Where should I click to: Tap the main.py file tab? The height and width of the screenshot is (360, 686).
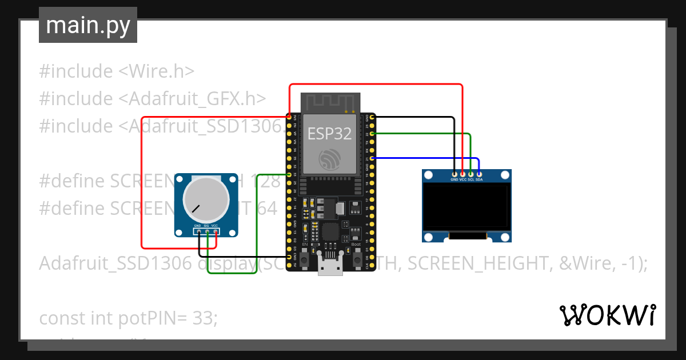click(88, 25)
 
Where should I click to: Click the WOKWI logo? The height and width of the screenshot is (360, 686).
click(607, 315)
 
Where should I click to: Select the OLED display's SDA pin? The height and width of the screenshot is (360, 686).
click(479, 174)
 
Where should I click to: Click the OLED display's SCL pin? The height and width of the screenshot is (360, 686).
click(470, 174)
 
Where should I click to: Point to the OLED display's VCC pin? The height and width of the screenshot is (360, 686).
click(462, 174)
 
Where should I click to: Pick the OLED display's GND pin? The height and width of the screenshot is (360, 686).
click(454, 174)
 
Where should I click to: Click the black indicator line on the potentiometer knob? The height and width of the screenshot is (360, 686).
click(196, 209)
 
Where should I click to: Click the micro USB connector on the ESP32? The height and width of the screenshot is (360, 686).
click(330, 266)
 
